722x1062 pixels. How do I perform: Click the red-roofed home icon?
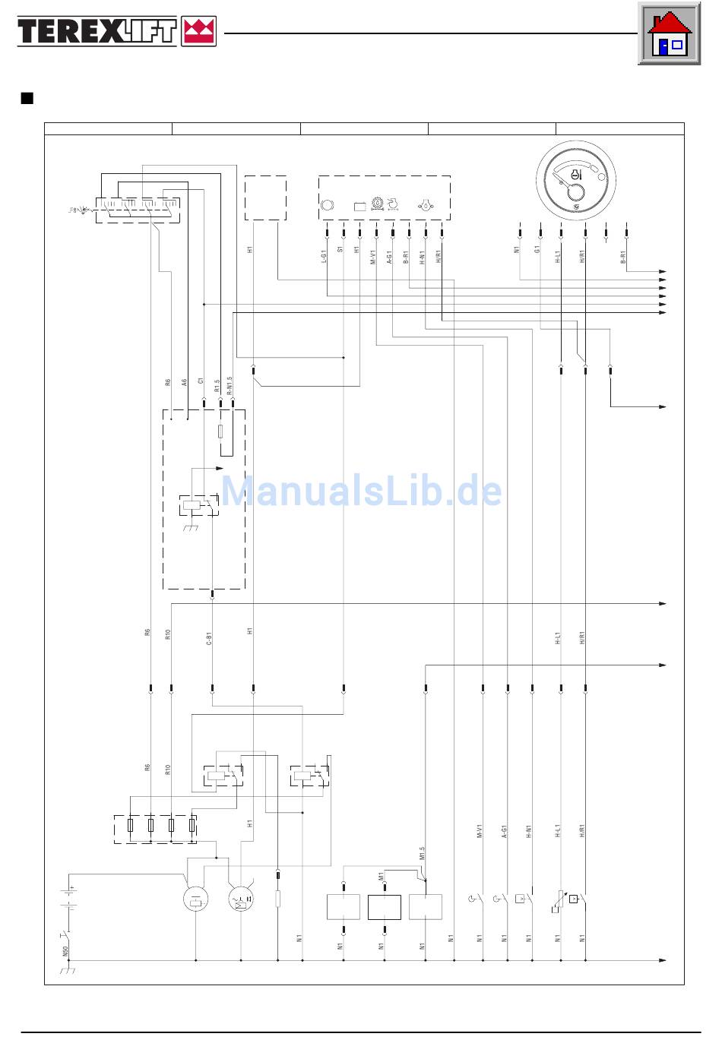click(x=668, y=34)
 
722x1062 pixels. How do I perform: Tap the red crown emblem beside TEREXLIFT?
click(x=198, y=32)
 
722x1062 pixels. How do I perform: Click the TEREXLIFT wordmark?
click(x=97, y=32)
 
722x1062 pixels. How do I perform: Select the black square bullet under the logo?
click(x=27, y=98)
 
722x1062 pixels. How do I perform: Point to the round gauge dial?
click(x=575, y=180)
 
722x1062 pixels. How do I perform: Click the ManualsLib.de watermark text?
click(x=362, y=491)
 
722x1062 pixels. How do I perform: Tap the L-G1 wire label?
click(x=325, y=258)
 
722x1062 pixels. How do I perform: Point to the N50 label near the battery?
click(x=65, y=950)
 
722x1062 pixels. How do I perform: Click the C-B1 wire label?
click(x=209, y=638)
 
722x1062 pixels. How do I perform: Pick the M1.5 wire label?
click(x=423, y=857)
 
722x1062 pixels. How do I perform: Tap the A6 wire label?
click(x=185, y=383)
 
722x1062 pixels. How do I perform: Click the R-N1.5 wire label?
click(x=230, y=384)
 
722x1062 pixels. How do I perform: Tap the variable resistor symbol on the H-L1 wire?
click(x=560, y=902)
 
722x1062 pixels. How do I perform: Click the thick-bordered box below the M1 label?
click(x=384, y=907)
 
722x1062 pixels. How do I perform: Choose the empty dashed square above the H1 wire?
click(x=266, y=198)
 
